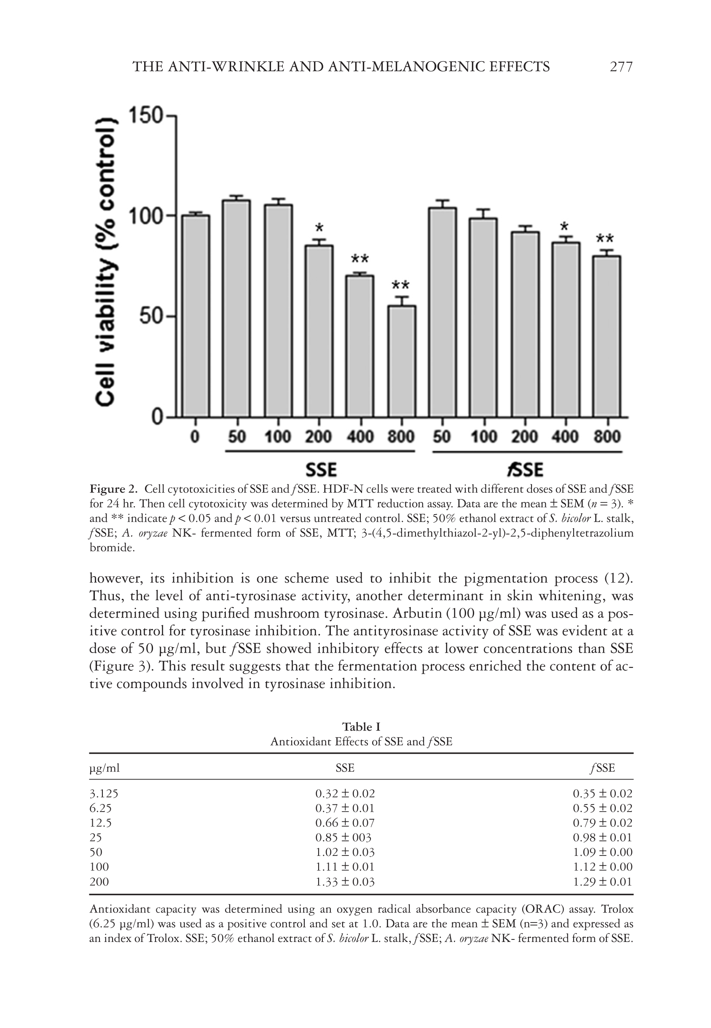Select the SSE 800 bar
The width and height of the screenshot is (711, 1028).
pos(402,361)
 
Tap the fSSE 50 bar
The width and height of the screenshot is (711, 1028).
pos(442,312)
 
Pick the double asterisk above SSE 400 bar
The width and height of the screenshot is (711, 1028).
pos(360,259)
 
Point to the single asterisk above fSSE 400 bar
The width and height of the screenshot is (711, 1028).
pos(565,226)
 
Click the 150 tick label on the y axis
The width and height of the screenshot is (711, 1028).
pos(145,116)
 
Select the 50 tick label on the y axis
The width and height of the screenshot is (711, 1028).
pos(152,316)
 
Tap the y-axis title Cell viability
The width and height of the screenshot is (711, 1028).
pos(107,263)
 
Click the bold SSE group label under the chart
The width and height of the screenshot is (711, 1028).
pos(321,470)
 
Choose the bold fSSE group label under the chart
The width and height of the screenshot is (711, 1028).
pos(525,470)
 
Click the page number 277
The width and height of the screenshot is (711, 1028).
pos(620,67)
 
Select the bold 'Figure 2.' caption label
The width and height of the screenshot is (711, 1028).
pos(114,489)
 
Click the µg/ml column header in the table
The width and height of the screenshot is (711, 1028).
pos(105,768)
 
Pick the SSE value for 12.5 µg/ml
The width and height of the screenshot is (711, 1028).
pos(345,823)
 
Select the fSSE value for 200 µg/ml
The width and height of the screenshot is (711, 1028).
pos(602,881)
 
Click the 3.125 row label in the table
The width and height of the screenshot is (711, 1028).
pos(104,793)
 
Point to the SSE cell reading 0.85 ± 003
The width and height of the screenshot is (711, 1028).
pos(343,837)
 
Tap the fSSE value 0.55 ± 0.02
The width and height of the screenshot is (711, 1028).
pos(602,808)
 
